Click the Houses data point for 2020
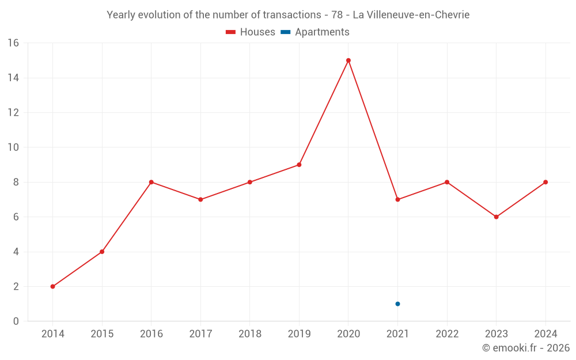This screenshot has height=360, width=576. (348, 60)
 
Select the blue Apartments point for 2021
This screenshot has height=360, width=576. (397, 304)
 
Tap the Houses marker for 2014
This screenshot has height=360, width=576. (53, 286)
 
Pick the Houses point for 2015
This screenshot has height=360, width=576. (102, 252)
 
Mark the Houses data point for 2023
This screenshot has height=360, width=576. (496, 217)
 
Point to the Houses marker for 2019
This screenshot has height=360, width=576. (299, 165)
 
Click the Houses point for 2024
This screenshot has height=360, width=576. (545, 182)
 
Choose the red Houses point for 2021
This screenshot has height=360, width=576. (397, 199)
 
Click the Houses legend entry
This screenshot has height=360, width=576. (251, 32)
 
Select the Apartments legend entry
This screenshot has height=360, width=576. (315, 32)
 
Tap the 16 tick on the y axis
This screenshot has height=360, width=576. (13, 43)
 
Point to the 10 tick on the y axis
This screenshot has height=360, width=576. (13, 147)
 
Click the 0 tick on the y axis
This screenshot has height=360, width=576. (16, 321)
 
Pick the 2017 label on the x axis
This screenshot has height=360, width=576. (200, 334)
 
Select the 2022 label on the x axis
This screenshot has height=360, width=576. (447, 334)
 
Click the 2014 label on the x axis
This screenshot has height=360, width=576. (53, 334)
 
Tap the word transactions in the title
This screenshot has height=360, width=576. (291, 15)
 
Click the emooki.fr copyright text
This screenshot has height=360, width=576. (526, 348)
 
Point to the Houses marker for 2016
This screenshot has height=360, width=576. (151, 182)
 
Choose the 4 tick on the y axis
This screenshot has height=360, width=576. (16, 252)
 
